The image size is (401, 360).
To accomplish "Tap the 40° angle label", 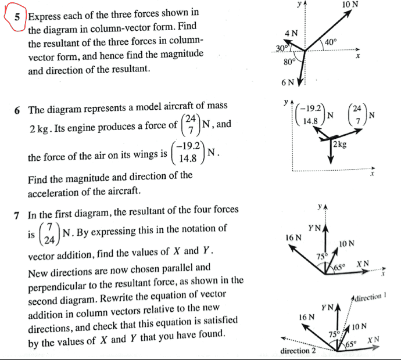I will pyautogui.click(x=331, y=42).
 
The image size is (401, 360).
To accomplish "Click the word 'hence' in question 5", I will pyautogui.click(x=136, y=55).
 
